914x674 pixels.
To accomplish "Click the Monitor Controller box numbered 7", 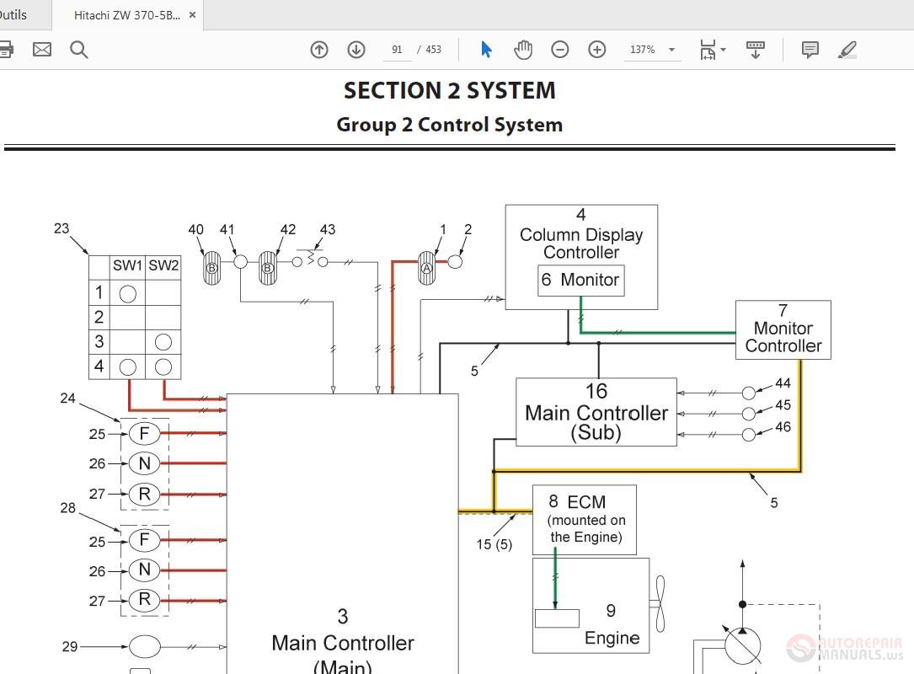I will point(783,329).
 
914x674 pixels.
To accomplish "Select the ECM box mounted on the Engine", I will point(584,519).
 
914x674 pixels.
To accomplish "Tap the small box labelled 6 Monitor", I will point(580,280).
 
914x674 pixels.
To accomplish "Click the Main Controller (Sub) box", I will point(596,412).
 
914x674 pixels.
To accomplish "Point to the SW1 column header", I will point(127,265).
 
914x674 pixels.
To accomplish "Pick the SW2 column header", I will point(163,265).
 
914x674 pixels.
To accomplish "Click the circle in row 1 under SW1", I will point(127,293).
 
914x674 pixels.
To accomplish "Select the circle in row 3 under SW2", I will point(163,341).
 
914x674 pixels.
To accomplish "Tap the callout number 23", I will point(61,227).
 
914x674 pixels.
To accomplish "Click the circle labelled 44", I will point(748,393).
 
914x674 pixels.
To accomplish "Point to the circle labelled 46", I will point(748,435).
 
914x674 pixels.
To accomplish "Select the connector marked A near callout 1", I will point(426,268).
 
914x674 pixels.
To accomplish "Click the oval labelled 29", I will point(144,646).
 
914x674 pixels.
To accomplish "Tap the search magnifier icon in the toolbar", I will point(79,50).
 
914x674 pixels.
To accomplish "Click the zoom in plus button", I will point(596,50).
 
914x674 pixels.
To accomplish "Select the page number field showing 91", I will point(397,50).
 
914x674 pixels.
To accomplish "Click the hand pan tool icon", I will point(523,50).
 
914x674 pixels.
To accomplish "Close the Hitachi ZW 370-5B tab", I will point(193,15).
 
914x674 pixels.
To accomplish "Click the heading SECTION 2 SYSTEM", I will point(449,90).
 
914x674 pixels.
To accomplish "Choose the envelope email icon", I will point(42,50).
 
